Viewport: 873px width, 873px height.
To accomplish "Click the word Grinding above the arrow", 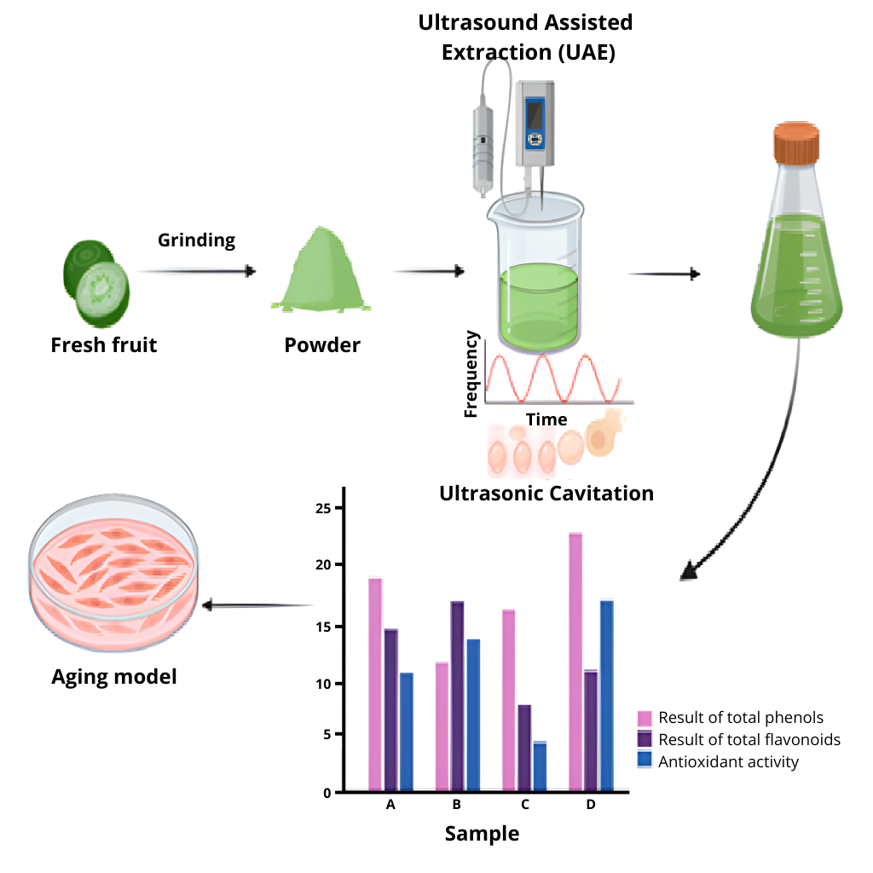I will coord(196,240).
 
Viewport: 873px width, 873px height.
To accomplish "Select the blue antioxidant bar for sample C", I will coord(541,766).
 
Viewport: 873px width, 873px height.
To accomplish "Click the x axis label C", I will coord(524,805).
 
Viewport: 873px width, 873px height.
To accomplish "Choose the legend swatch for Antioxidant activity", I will coord(645,760).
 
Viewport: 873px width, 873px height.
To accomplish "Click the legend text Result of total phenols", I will coord(741,718).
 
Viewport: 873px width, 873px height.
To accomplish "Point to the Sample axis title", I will coord(482,833).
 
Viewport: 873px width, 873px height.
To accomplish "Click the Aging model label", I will coord(114,677).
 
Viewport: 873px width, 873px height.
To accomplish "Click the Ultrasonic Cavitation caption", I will coord(546,494).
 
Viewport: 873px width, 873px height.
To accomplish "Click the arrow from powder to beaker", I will coord(429,272).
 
